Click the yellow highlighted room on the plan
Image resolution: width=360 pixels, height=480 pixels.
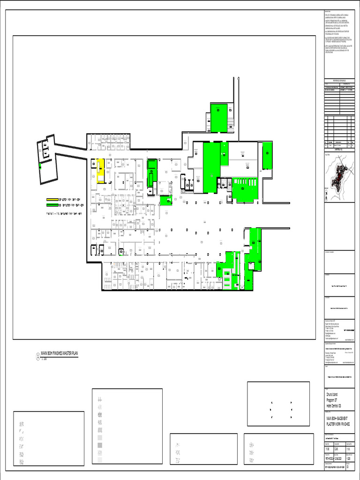[x=100, y=171]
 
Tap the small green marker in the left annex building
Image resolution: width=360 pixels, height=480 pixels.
[x=40, y=165]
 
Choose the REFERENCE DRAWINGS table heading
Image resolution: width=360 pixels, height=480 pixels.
[x=338, y=81]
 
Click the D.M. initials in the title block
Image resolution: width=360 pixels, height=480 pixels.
[x=336, y=449]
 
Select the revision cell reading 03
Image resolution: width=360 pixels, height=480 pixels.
[x=347, y=466]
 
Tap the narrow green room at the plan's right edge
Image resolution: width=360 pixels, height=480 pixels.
[x=267, y=155]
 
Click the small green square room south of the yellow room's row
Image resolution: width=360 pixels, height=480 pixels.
[x=166, y=200]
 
